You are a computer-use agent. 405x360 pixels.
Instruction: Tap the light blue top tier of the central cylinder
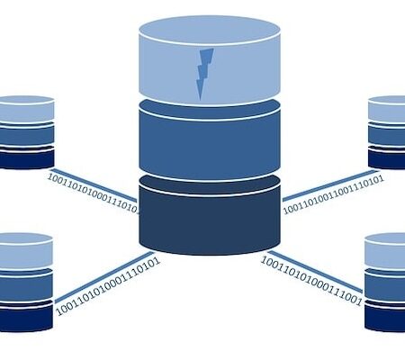pyautogui.click(x=210, y=60)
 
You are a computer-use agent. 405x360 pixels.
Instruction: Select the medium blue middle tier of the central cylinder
pyautogui.click(x=210, y=141)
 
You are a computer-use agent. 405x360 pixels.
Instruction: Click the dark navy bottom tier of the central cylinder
pyautogui.click(x=210, y=216)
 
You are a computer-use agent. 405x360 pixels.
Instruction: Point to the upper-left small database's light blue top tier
pyautogui.click(x=26, y=110)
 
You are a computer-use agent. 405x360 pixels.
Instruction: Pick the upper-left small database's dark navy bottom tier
pyautogui.click(x=26, y=158)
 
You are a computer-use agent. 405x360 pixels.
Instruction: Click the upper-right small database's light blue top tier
pyautogui.click(x=387, y=109)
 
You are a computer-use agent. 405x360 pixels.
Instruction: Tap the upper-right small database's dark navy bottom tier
pyautogui.click(x=387, y=159)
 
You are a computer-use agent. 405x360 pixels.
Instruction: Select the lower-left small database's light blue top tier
pyautogui.click(x=26, y=250)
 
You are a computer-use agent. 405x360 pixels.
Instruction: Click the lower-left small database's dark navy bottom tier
pyautogui.click(x=26, y=317)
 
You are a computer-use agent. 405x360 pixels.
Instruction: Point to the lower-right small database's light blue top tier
pyautogui.click(x=385, y=251)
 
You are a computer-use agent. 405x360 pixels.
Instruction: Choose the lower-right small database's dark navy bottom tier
pyautogui.click(x=385, y=318)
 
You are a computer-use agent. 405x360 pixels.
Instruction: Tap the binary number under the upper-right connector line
pyautogui.click(x=334, y=194)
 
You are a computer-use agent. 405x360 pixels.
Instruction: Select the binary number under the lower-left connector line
pyautogui.click(x=108, y=286)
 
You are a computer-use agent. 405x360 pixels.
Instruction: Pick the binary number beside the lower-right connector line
pyautogui.click(x=311, y=281)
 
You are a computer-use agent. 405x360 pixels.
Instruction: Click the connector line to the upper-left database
pyautogui.click(x=94, y=185)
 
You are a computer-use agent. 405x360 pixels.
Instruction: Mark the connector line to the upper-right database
pyautogui.click(x=329, y=185)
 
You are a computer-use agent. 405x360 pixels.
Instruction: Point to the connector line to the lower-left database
pyautogui.click(x=103, y=277)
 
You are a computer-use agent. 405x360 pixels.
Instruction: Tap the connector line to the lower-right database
pyautogui.click(x=316, y=272)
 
